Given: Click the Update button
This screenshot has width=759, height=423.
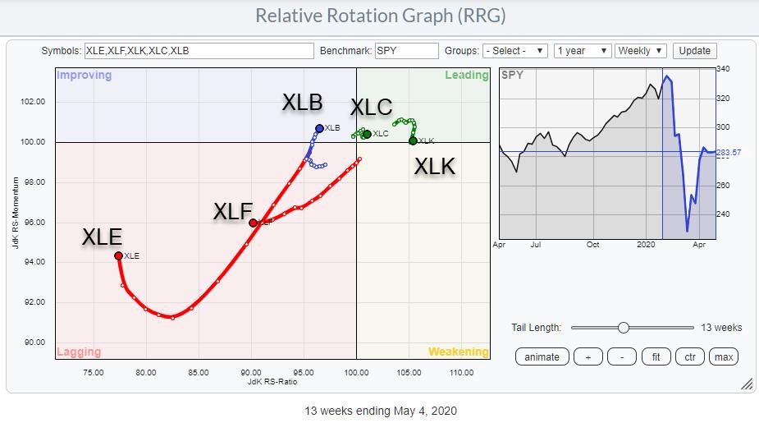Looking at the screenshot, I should pos(694,51).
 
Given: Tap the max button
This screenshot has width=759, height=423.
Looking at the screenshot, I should pos(723,356).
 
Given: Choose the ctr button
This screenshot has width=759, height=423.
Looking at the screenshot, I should pos(690,356).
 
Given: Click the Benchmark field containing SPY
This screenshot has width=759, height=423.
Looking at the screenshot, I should pos(406,51).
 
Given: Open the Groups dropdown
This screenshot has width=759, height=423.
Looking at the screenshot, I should pos(514,51).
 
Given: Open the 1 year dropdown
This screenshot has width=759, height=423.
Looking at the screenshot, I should pos(581,51).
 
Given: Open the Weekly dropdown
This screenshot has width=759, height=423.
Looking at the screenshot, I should pos(642,51).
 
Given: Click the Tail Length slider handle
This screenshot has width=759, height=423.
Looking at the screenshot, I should pos(624,328).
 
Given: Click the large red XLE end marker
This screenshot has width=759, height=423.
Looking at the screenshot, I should pos(118,255).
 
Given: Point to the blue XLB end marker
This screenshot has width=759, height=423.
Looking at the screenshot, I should pos(319,128).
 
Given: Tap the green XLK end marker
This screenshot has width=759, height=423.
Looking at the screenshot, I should pos(413,140).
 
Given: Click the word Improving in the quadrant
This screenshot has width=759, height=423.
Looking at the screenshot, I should pos(83,76).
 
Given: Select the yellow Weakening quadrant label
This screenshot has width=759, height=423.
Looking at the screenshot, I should pos(458,352).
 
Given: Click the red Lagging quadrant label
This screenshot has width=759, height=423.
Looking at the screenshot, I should pos(79,352).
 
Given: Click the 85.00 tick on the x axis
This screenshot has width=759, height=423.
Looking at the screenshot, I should pos(198,372).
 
